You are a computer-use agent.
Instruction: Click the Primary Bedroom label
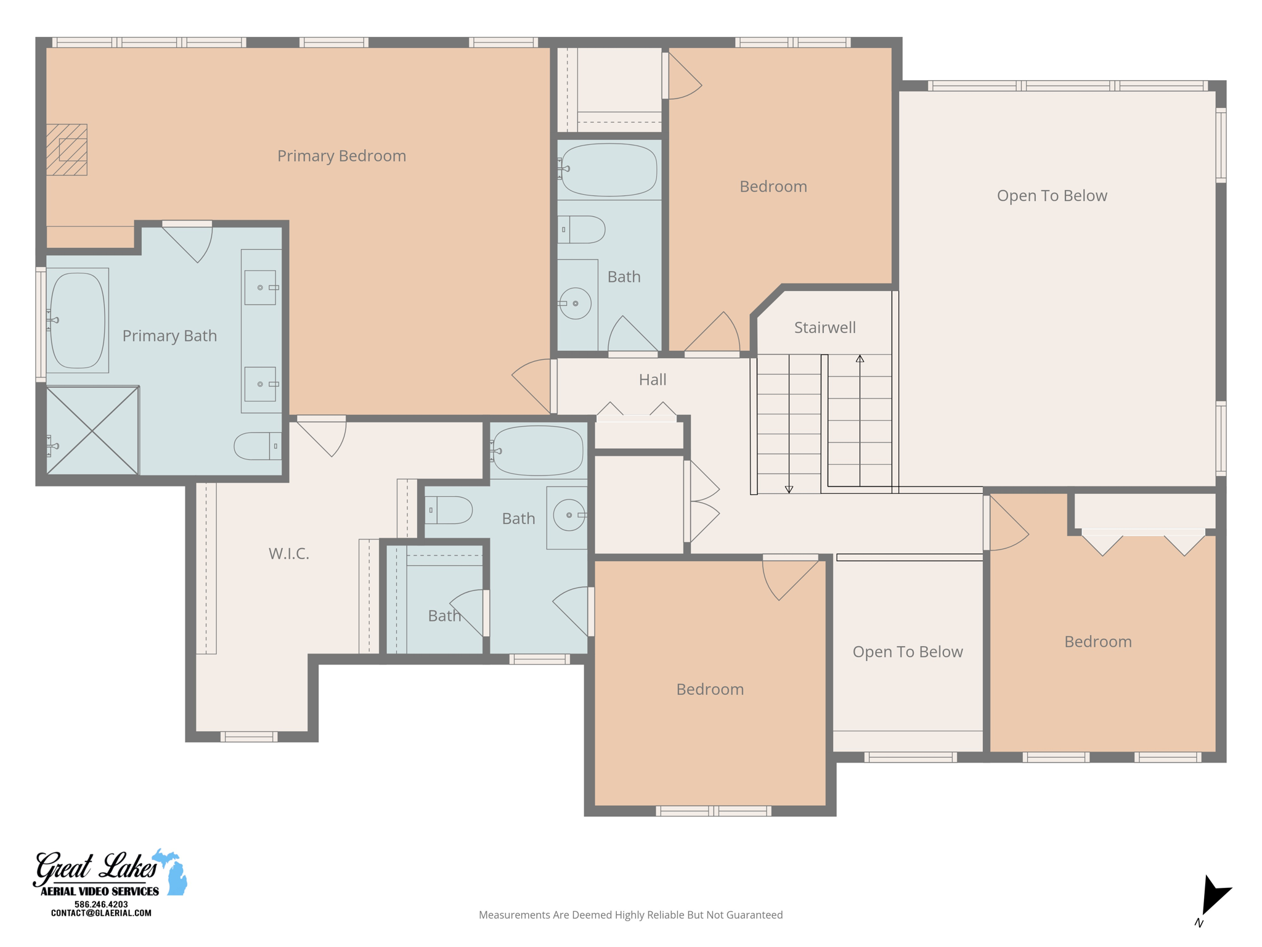tap(341, 156)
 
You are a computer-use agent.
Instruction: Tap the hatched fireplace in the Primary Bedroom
tap(67, 150)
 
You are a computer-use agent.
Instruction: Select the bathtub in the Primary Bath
tap(77, 321)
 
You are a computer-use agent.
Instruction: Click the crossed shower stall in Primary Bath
tap(92, 431)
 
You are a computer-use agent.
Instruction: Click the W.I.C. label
tap(288, 554)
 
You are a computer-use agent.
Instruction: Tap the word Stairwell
tap(824, 327)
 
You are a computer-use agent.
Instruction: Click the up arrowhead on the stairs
tap(860, 358)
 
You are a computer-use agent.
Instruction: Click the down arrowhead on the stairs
tap(789, 490)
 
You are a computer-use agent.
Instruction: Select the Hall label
tap(653, 380)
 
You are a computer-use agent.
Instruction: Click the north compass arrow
tap(1213, 895)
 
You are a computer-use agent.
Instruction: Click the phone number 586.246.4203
tap(101, 904)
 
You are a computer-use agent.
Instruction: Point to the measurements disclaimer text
tap(630, 915)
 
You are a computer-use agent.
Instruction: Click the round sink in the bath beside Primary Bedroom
tap(576, 303)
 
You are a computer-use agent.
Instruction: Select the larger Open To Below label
tap(1052, 196)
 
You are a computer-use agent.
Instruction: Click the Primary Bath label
tap(169, 336)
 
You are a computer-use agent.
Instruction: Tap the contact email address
tap(101, 913)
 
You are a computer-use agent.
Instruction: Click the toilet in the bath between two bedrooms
tap(583, 229)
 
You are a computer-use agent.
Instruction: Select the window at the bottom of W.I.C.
tap(249, 736)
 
